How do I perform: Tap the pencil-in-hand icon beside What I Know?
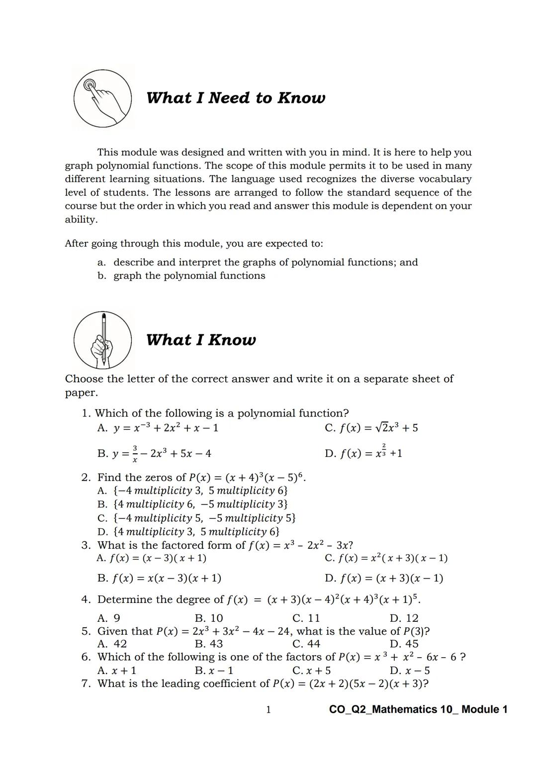pyautogui.click(x=103, y=340)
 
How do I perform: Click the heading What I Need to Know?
pyautogui.click(x=236, y=98)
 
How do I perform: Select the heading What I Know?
pyautogui.click(x=201, y=340)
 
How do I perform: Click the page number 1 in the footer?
pyautogui.click(x=268, y=709)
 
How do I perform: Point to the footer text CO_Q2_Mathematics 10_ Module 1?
pyautogui.click(x=418, y=709)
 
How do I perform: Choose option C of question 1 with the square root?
pyautogui.click(x=371, y=428)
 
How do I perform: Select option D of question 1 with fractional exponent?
pyautogui.click(x=363, y=453)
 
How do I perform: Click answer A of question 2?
pyautogui.click(x=193, y=491)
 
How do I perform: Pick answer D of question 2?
pyautogui.click(x=188, y=531)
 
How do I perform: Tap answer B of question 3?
pyautogui.click(x=160, y=578)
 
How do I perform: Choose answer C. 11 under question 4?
pyautogui.click(x=306, y=618)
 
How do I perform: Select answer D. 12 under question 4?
pyautogui.click(x=404, y=618)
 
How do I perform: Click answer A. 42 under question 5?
pyautogui.click(x=112, y=644)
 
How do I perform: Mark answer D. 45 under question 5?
pyautogui.click(x=404, y=644)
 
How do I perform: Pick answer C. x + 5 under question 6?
pyautogui.click(x=312, y=671)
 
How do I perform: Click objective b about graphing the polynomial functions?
pyautogui.click(x=181, y=276)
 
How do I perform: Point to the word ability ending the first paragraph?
pyautogui.click(x=81, y=220)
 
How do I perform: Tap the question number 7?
pyautogui.click(x=86, y=683)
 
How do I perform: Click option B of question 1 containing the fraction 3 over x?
pyautogui.click(x=154, y=453)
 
